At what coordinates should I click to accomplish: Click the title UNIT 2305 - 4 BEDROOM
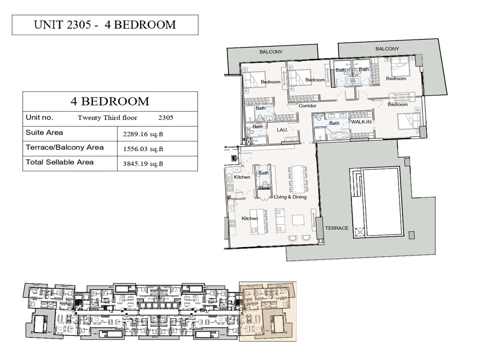(x=105, y=25)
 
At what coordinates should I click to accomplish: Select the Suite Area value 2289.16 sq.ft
(x=143, y=134)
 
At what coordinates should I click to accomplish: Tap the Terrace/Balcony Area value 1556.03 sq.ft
(x=143, y=149)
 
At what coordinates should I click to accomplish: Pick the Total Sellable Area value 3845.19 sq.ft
(x=143, y=164)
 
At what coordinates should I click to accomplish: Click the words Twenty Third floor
(x=108, y=118)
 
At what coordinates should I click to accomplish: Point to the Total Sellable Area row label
(x=60, y=162)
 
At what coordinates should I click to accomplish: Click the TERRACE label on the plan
(x=336, y=228)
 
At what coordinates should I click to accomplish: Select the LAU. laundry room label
(x=282, y=130)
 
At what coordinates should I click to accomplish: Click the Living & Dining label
(x=290, y=197)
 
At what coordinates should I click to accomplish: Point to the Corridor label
(x=307, y=106)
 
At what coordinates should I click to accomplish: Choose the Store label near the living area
(x=264, y=188)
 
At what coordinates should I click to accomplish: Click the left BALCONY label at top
(x=271, y=52)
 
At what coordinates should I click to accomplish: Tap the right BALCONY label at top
(x=387, y=49)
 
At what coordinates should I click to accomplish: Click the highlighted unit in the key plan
(x=267, y=311)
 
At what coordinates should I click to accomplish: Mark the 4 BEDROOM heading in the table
(x=110, y=101)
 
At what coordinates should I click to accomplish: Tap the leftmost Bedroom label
(x=270, y=82)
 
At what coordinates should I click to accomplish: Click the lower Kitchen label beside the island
(x=250, y=218)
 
